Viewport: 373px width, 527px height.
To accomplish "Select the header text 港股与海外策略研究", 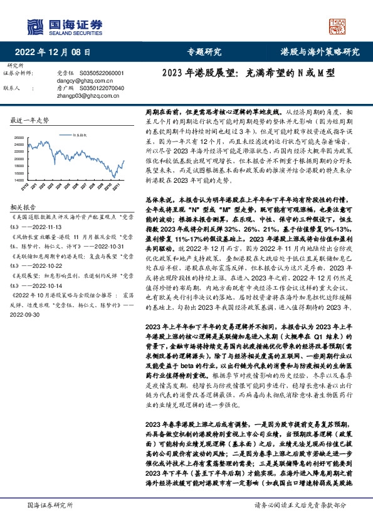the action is pos(320,53).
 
